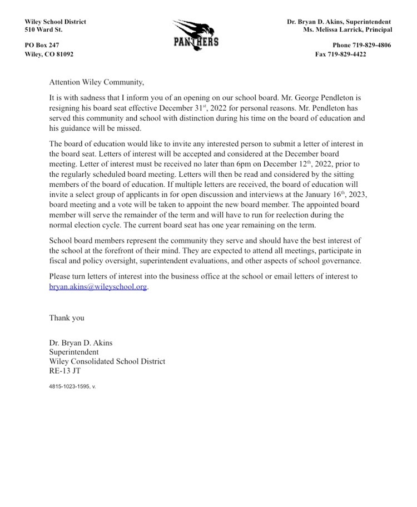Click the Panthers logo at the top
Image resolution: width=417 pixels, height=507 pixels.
click(x=195, y=34)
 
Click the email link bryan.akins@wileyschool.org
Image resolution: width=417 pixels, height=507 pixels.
click(x=98, y=287)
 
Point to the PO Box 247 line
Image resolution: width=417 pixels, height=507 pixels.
click(x=42, y=45)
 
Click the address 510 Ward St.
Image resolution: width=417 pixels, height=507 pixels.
click(x=43, y=29)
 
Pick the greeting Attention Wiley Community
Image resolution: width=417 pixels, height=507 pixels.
click(x=96, y=82)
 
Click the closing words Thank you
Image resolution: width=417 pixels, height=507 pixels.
click(x=67, y=318)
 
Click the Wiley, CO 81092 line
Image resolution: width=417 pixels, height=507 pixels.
click(x=49, y=54)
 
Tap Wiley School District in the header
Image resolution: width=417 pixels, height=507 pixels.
click(x=55, y=22)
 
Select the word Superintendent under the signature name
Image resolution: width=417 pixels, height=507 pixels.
click(x=74, y=352)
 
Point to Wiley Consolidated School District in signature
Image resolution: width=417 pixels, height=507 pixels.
click(x=107, y=361)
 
